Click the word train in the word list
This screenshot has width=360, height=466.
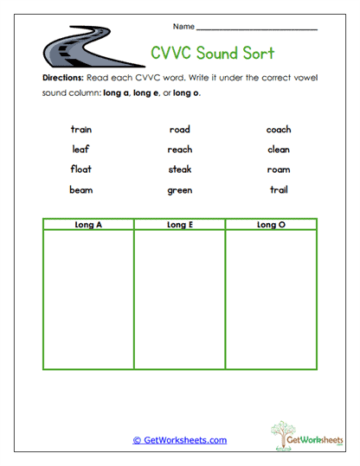point(81,130)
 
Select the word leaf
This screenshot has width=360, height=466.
point(81,150)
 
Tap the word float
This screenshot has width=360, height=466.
point(81,169)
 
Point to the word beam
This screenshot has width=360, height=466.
point(81,189)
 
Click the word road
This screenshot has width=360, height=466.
point(180,130)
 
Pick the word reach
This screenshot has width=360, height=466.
point(180,150)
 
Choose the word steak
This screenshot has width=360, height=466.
point(180,169)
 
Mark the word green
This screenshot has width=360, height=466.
point(180,190)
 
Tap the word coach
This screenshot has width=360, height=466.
point(279,130)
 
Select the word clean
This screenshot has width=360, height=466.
point(279,150)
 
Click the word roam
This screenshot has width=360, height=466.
point(279,169)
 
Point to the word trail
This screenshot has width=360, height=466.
point(279,189)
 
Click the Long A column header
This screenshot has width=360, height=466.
point(88,225)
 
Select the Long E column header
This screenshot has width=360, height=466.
point(179,225)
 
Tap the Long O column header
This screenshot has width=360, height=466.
point(270,225)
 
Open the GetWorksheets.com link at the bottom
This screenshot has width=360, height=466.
point(180,440)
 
